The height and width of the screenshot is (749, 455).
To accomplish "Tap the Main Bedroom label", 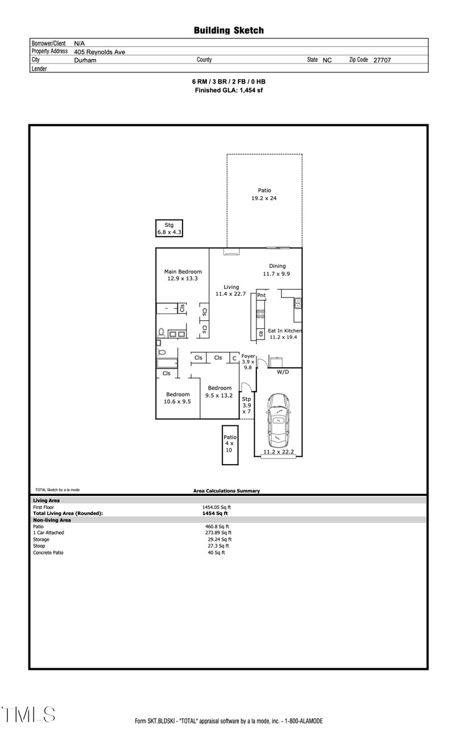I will pyautogui.click(x=183, y=272).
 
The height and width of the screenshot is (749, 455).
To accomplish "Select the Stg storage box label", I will pyautogui.click(x=169, y=225).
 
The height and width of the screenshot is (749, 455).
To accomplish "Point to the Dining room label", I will pyautogui.click(x=277, y=266).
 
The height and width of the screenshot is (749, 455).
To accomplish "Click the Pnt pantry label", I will pyautogui.click(x=261, y=296).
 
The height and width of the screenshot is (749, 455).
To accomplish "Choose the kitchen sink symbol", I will pyautogui.click(x=297, y=303).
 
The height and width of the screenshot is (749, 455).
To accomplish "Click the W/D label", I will pyautogui.click(x=283, y=372).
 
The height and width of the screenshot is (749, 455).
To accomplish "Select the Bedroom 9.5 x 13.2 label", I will pyautogui.click(x=219, y=388).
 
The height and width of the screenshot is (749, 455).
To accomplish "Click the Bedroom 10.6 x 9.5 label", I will pyautogui.click(x=177, y=394).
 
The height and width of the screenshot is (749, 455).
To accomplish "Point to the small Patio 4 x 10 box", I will pyautogui.click(x=229, y=443).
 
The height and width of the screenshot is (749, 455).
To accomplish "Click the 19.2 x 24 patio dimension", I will pyautogui.click(x=264, y=198).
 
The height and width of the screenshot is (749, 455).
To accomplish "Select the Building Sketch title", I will pyautogui.click(x=229, y=31).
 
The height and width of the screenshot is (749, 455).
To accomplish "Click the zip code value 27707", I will pyautogui.click(x=382, y=60).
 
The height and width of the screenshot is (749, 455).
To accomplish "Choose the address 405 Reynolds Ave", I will pyautogui.click(x=100, y=52).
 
